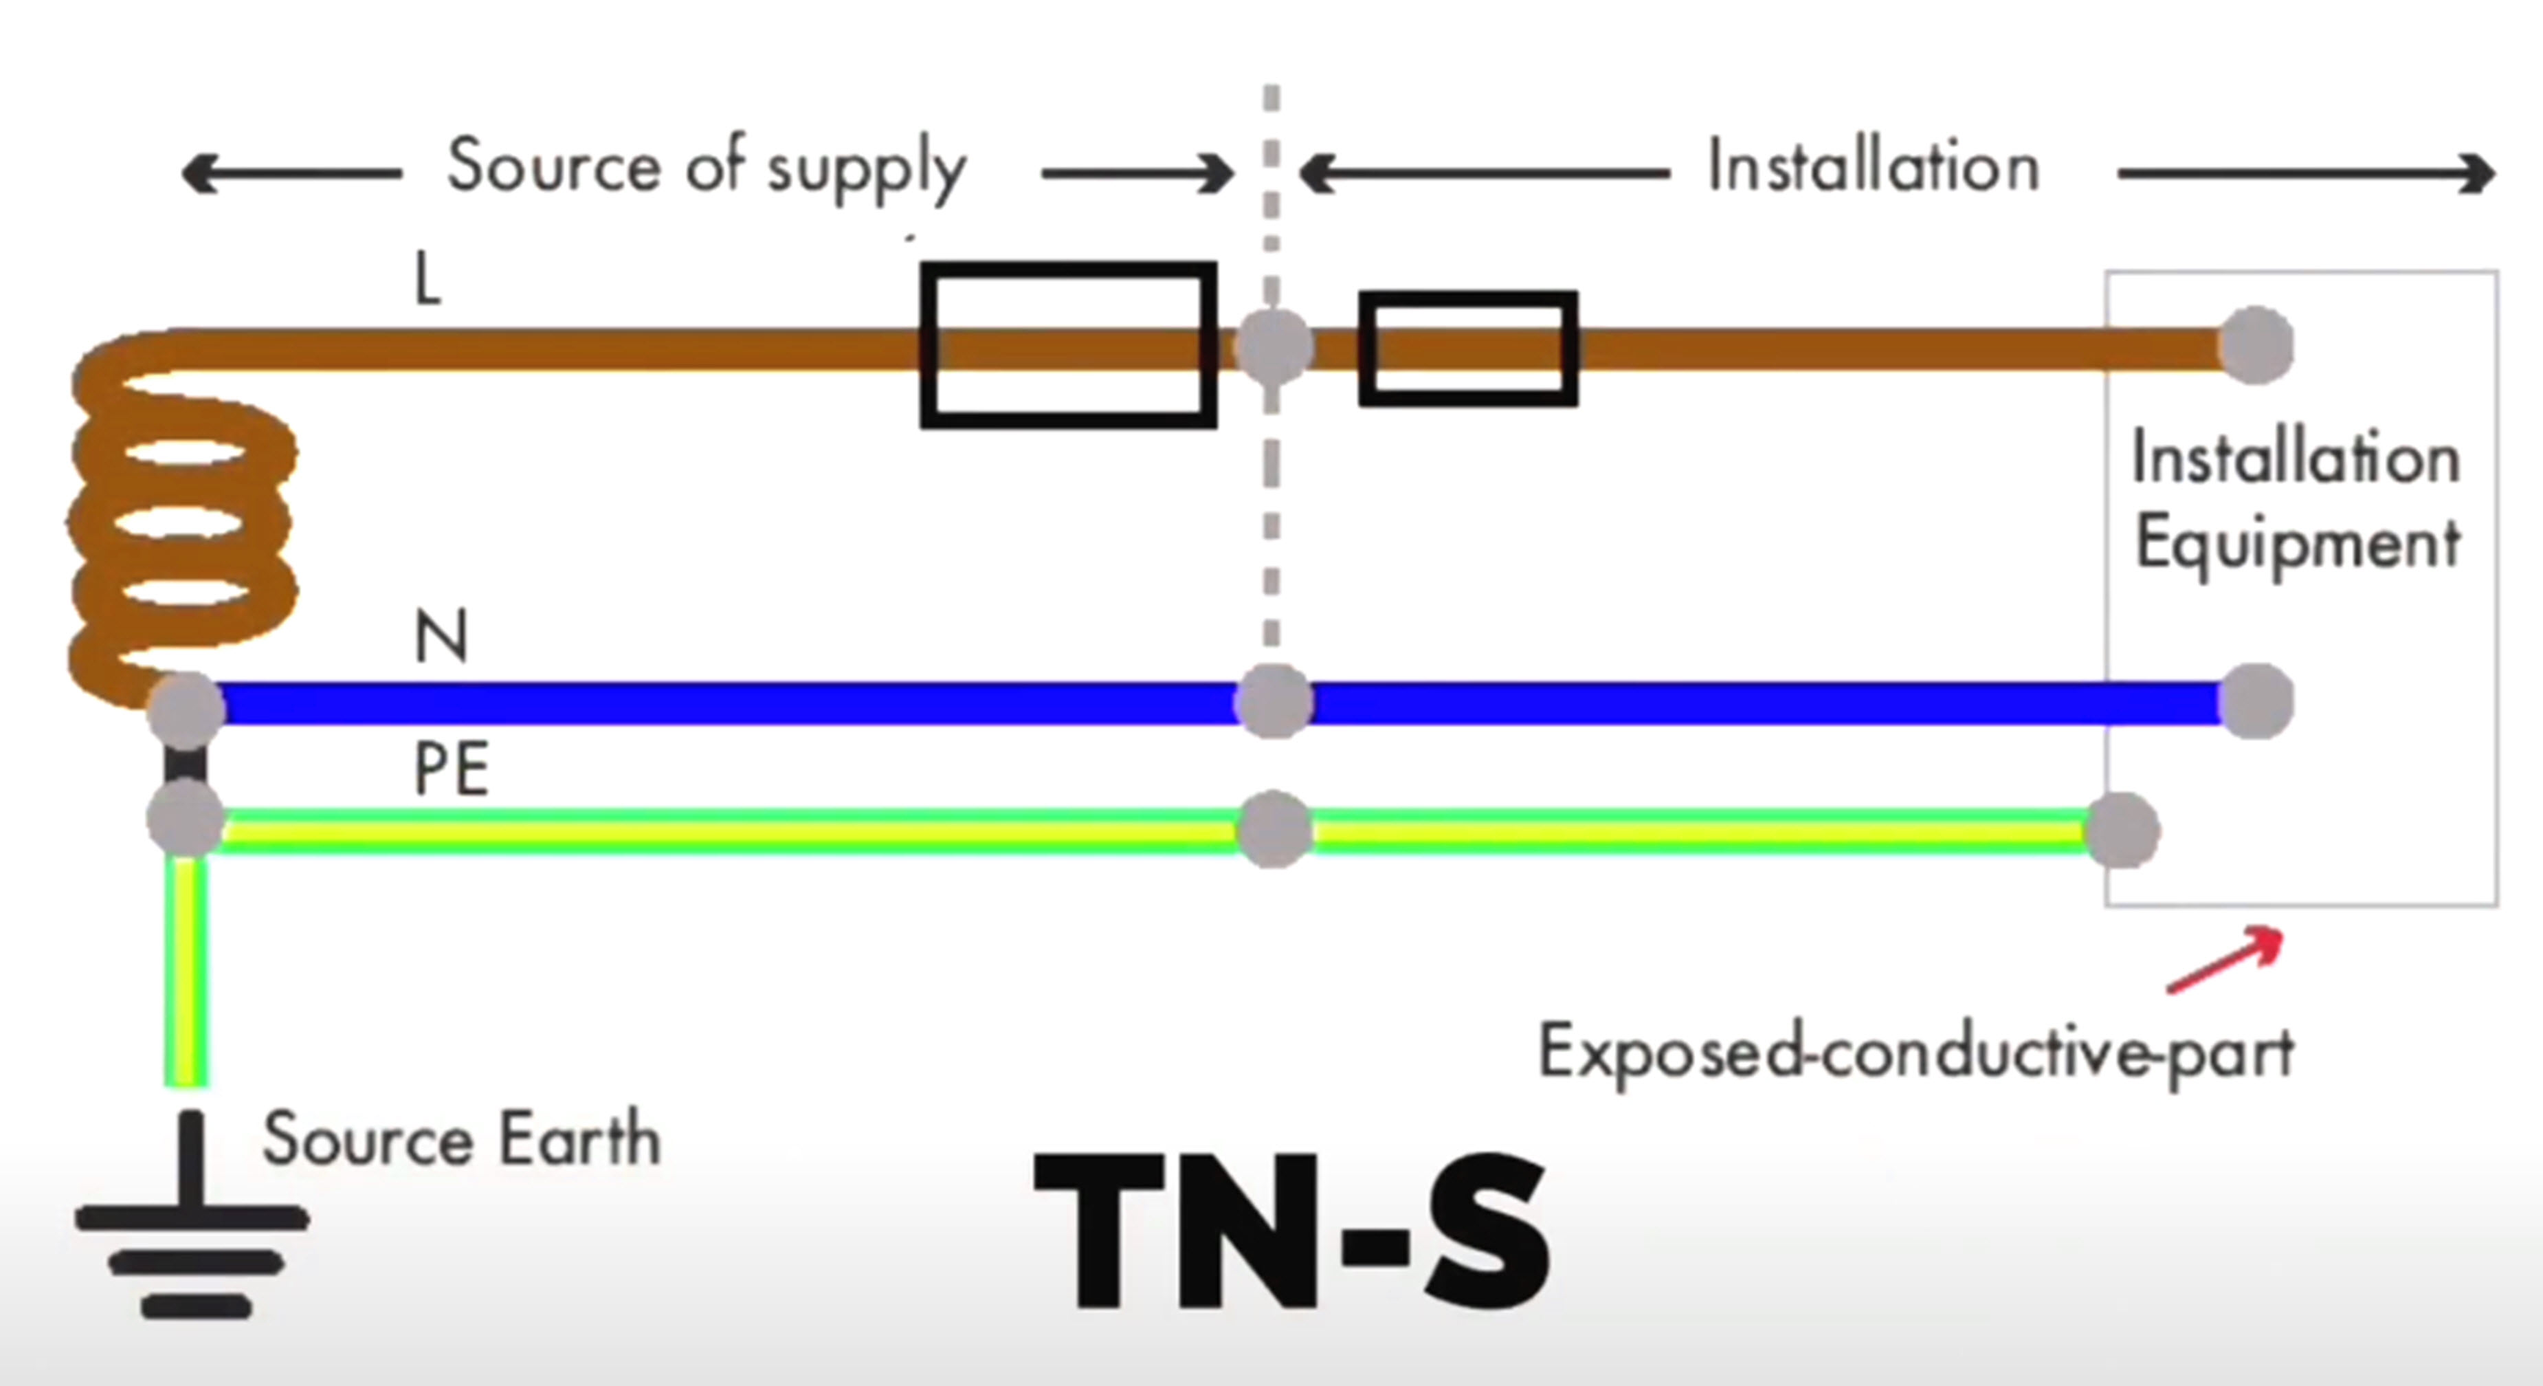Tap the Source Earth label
461,1139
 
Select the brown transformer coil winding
183,523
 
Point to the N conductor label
441,637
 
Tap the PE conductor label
451,770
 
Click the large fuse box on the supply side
1068,346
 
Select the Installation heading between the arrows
1873,166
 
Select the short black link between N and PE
186,762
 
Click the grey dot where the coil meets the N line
186,708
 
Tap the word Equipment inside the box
2297,543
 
